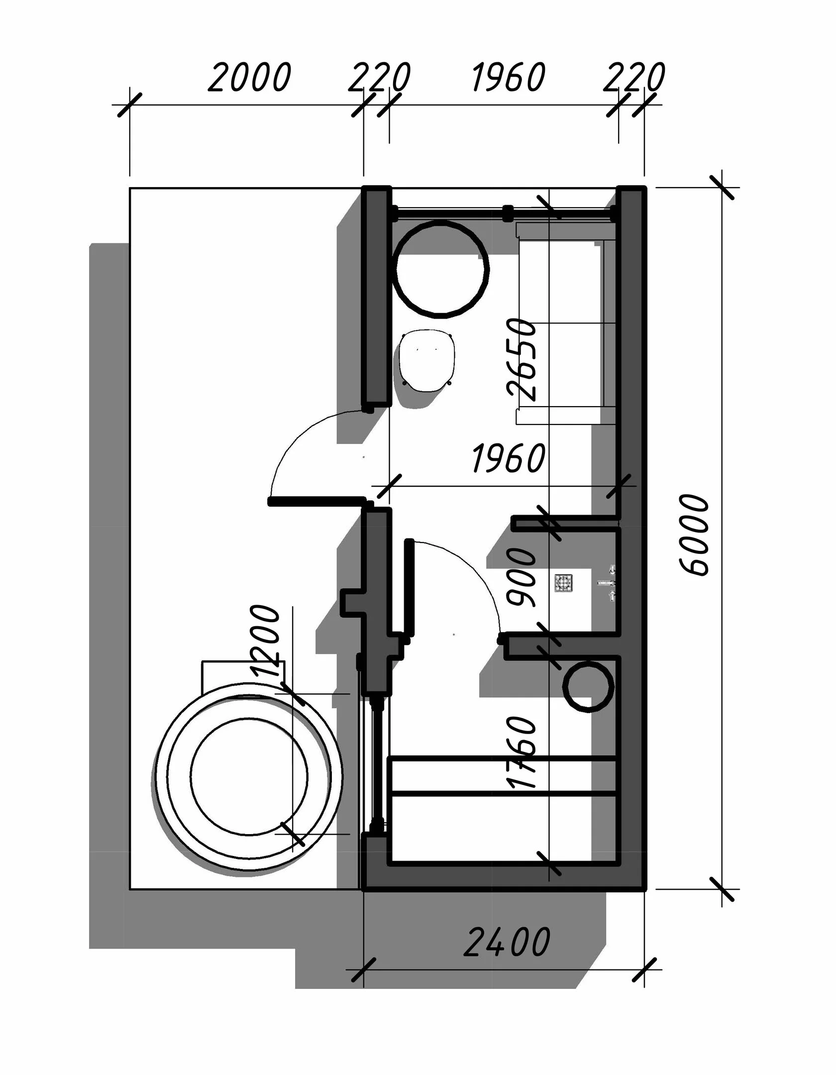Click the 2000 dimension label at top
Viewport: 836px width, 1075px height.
pyautogui.click(x=249, y=78)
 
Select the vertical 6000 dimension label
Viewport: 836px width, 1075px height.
pyautogui.click(x=693, y=535)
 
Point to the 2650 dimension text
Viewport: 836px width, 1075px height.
pyautogui.click(x=522, y=359)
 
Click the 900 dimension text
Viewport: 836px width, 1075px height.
pyautogui.click(x=522, y=577)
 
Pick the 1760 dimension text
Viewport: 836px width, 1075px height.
pyautogui.click(x=522, y=753)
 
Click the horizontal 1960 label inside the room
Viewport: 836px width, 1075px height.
pyautogui.click(x=508, y=458)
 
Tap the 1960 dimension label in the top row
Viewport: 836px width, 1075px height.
pyautogui.click(x=508, y=78)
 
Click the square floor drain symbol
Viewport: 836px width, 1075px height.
pyautogui.click(x=564, y=583)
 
